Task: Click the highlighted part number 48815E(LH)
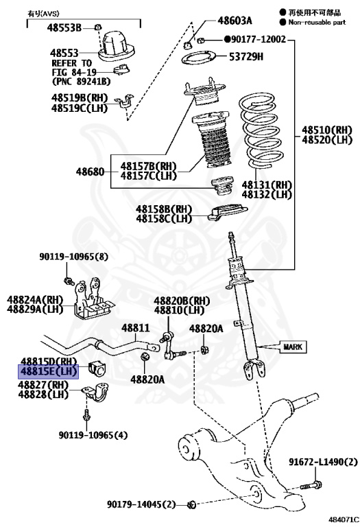pyautogui.click(x=48, y=371)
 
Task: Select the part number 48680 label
pyautogui.click(x=91, y=172)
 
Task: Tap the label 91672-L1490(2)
pyautogui.click(x=322, y=462)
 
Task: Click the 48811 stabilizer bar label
pyautogui.click(x=136, y=329)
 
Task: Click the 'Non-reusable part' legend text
pyautogui.click(x=316, y=22)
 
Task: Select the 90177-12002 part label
pyautogui.click(x=257, y=40)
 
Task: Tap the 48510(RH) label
pyautogui.click(x=326, y=130)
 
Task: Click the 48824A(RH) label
pyautogui.click(x=35, y=299)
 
